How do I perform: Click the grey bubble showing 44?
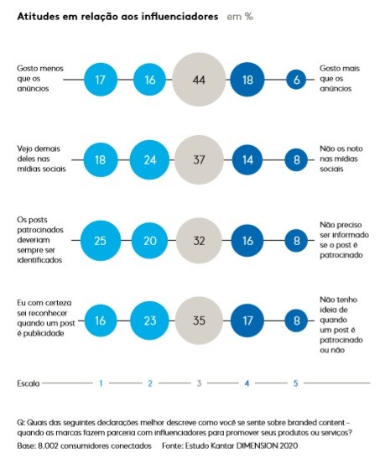[199, 80]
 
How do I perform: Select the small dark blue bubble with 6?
[296, 80]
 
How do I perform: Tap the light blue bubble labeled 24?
[150, 159]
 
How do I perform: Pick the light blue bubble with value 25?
[101, 241]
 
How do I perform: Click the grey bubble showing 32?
[199, 241]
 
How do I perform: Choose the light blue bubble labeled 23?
[150, 321]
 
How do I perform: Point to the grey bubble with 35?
[199, 321]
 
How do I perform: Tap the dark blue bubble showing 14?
[247, 159]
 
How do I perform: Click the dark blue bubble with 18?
[247, 80]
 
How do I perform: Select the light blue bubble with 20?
[150, 241]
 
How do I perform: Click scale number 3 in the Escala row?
[199, 383]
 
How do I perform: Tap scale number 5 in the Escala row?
[296, 383]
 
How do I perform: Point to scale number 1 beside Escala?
[101, 383]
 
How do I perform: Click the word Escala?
[29, 383]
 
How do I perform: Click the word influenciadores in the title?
[180, 17]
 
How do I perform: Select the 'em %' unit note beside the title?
[240, 17]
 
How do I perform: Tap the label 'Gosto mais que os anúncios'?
[340, 78]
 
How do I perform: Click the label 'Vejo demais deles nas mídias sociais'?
[41, 159]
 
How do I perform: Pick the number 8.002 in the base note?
[48, 446]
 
